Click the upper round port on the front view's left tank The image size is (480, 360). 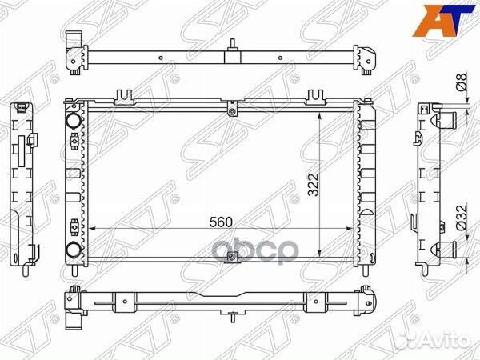click(x=74, y=120)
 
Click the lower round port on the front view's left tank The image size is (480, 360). click(x=74, y=248)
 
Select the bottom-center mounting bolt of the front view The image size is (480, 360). click(x=232, y=257)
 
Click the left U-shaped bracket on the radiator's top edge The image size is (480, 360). click(x=124, y=98)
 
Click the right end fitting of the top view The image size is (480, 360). click(x=370, y=56)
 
